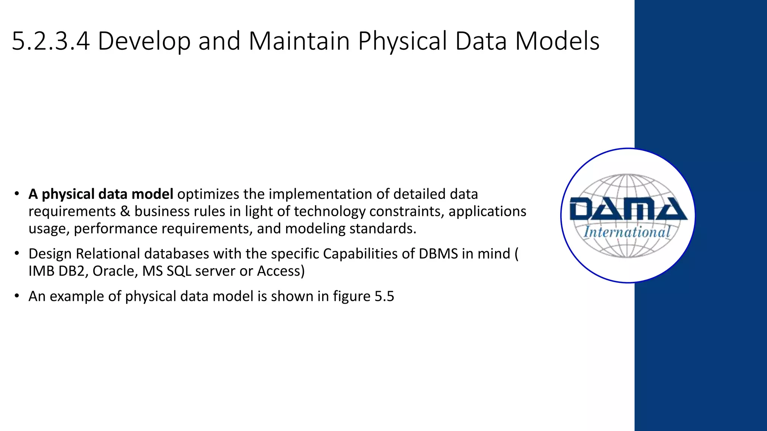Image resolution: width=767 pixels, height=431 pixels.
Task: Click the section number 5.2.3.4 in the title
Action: (x=51, y=41)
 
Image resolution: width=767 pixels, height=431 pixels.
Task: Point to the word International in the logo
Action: (x=627, y=232)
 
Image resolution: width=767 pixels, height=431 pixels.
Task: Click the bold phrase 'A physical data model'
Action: (x=101, y=194)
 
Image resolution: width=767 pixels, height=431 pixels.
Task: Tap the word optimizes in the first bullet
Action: (x=208, y=194)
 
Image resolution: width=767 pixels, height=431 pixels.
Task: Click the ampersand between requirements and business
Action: (x=125, y=211)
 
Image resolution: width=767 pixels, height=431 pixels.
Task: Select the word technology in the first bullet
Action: (x=330, y=211)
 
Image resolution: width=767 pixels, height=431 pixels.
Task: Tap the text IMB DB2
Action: (x=58, y=271)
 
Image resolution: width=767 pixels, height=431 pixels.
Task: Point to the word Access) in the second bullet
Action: (x=281, y=271)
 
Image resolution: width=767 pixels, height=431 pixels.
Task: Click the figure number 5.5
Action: (x=385, y=296)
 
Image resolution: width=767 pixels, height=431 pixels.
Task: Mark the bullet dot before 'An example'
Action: (x=16, y=296)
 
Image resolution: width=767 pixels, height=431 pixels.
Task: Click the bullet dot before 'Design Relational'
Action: (x=16, y=253)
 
